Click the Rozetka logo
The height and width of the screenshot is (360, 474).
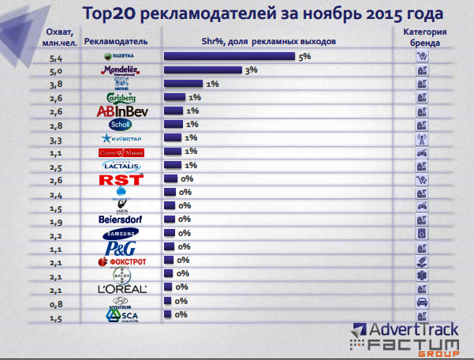122,57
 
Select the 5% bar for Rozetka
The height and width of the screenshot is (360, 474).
229,57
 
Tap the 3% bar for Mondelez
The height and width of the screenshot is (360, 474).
203,70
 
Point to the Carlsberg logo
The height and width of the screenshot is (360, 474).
122,98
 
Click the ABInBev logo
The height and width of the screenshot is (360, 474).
122,111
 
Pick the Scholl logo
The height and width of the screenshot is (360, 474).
122,125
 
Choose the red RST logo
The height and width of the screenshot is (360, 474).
122,179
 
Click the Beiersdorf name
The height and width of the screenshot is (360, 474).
122,219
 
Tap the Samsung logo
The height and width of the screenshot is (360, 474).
122,234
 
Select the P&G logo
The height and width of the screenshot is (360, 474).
122,247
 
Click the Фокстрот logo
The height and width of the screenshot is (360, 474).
122,261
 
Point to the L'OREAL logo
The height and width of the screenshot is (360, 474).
122,288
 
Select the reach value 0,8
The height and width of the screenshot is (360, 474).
56,302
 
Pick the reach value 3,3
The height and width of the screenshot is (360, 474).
56,138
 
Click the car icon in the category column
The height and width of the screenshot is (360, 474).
422,302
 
